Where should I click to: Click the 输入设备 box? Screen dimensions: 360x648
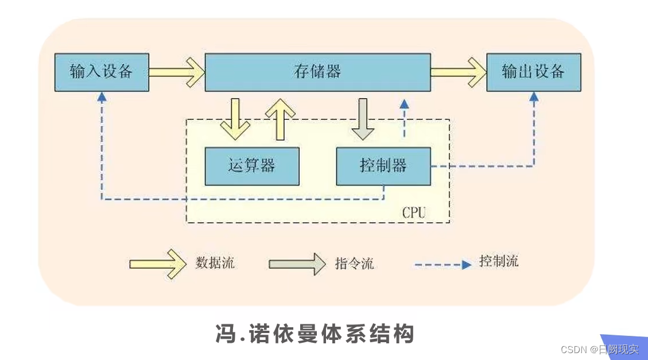(x=102, y=72)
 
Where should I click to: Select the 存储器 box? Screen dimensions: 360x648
(x=317, y=72)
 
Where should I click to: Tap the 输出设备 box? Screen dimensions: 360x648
(x=533, y=72)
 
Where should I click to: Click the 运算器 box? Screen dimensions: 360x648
(x=252, y=166)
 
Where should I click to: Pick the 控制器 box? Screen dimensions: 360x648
(x=383, y=166)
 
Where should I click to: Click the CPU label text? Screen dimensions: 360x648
(x=413, y=212)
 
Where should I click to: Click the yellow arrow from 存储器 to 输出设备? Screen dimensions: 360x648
(x=458, y=72)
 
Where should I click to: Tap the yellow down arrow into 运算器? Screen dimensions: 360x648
(x=235, y=119)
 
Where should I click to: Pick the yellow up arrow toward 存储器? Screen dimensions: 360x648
(x=281, y=118)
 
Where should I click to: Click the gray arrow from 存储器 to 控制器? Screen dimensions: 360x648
(x=363, y=119)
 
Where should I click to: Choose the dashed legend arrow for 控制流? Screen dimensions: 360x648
(x=443, y=265)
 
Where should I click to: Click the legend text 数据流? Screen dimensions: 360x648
(x=215, y=263)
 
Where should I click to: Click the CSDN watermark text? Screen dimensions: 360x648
(x=599, y=350)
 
